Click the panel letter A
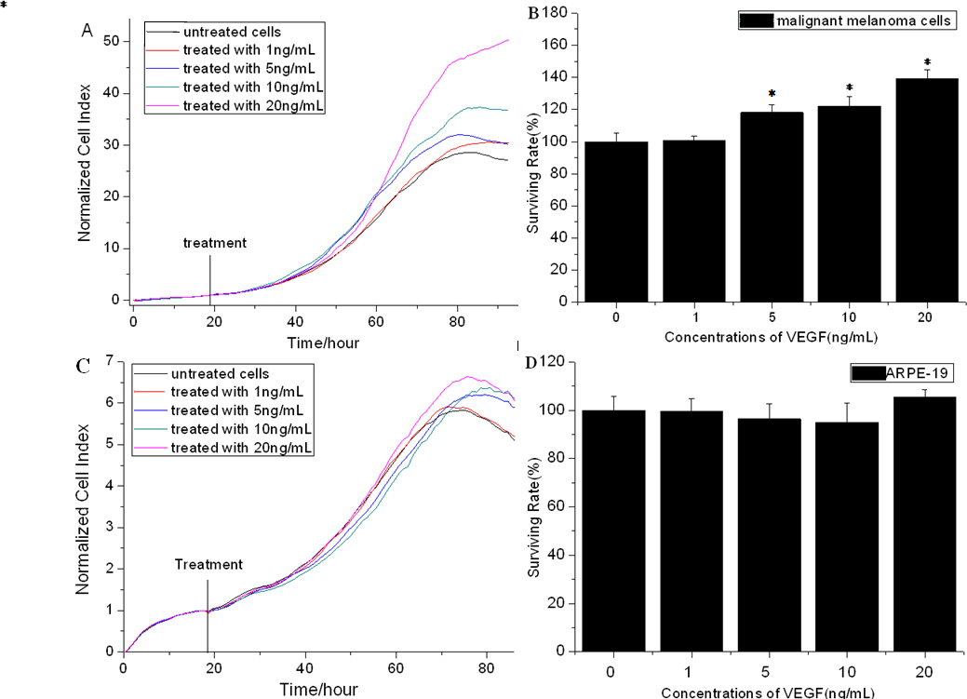pyautogui.click(x=87, y=29)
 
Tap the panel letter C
pyautogui.click(x=82, y=366)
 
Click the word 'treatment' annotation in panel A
pyautogui.click(x=215, y=243)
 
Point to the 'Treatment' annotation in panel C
pyautogui.click(x=209, y=564)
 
